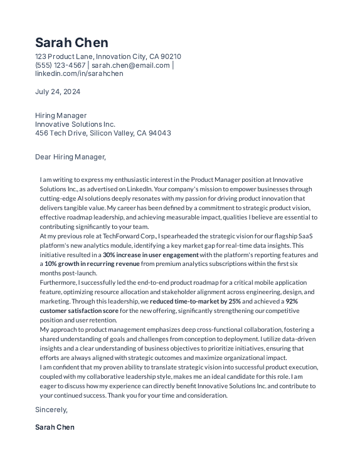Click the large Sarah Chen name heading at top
coord(71,43)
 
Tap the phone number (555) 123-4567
coord(60,65)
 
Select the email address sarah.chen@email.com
coord(130,65)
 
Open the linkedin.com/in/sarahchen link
coord(79,73)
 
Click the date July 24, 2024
coord(58,92)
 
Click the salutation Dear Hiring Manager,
coord(70,157)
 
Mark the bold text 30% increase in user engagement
coord(151,255)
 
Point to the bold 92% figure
coord(292,302)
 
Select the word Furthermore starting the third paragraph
coord(58,283)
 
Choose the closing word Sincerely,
coord(51,410)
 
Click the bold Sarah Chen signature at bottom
coord(55,427)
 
